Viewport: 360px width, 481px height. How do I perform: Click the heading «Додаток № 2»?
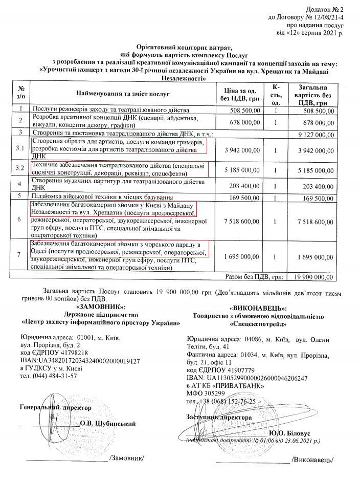324,9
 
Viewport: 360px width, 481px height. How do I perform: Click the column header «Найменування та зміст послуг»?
123,94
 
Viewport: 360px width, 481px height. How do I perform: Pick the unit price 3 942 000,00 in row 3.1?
239,150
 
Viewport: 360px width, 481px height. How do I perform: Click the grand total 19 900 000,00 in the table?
310,277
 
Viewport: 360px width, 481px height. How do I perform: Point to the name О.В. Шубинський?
108,424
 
